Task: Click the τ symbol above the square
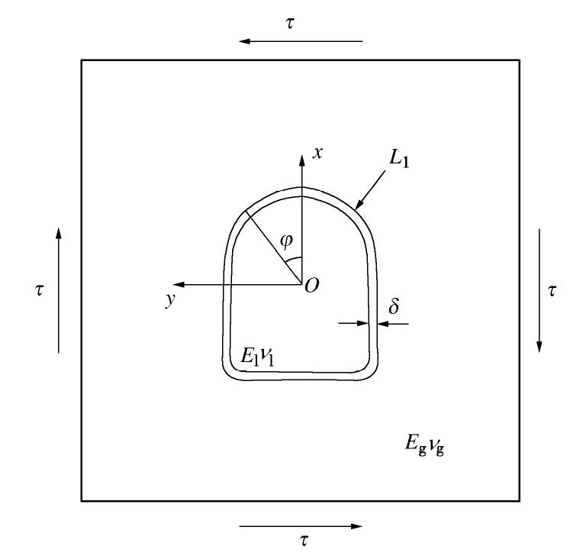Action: [290, 23]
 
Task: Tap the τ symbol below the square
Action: [304, 540]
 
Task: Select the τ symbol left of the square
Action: [39, 290]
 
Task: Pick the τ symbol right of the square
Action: [552, 291]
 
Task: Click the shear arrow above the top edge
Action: [301, 41]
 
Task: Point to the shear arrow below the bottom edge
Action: [301, 526]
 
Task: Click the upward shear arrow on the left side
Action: [58, 290]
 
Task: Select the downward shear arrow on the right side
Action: [540, 290]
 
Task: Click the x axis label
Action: [317, 153]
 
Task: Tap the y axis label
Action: [170, 299]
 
